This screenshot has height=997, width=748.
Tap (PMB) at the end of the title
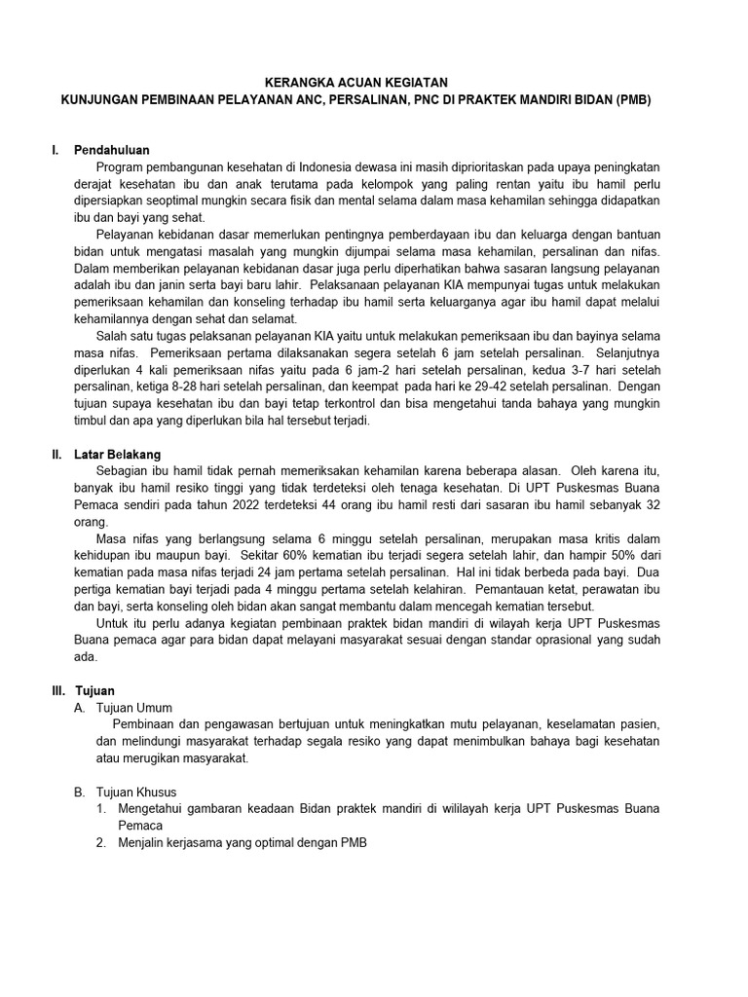(x=631, y=100)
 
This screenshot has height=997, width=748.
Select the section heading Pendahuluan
(x=113, y=151)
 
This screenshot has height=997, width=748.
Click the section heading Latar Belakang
(x=118, y=455)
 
